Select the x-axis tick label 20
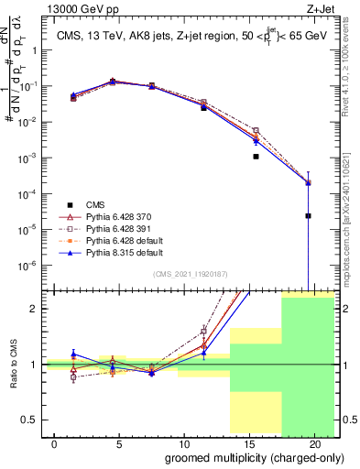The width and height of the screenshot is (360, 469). point(313,443)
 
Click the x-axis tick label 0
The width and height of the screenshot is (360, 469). point(56,443)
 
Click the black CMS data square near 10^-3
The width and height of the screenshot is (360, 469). point(256,157)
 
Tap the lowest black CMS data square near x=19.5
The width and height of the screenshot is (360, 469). point(308,216)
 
